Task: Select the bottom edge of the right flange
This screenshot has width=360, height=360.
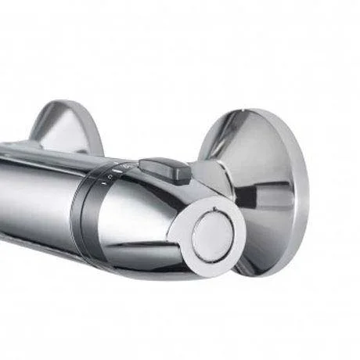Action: [266, 273]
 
